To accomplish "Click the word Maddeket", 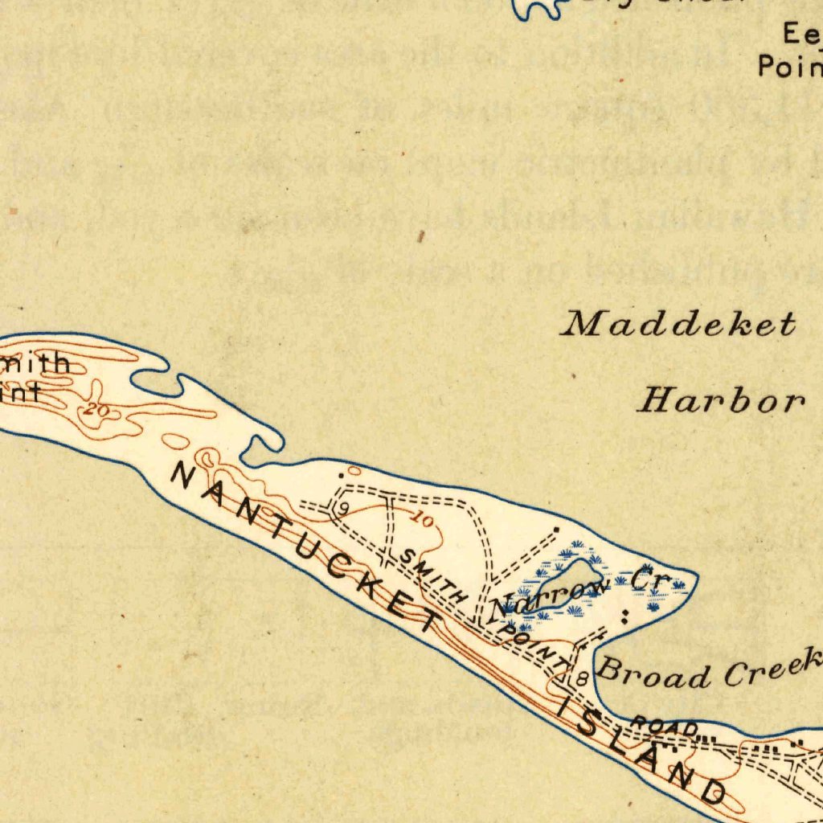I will pos(679,325).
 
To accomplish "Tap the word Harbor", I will pos(721,399).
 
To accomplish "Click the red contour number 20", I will pos(97,411).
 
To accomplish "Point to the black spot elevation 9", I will pos(343,509).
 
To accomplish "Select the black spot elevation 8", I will pos(582,680).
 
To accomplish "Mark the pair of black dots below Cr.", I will pos(625,616).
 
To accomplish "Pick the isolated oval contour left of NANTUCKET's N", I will pos(176,440).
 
